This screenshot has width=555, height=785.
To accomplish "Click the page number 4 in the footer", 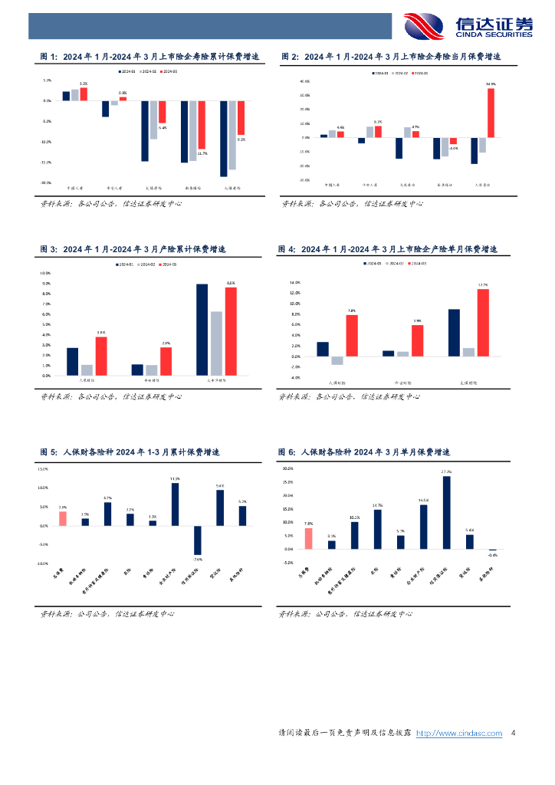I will (513, 733).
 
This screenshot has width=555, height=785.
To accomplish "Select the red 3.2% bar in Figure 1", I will (84, 94).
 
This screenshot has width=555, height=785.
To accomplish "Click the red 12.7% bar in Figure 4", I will (483, 323).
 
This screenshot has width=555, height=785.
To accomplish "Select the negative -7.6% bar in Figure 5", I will (197, 540).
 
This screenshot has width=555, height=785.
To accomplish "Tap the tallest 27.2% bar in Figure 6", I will (447, 512).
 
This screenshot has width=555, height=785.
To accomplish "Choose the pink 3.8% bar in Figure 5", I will (63, 518).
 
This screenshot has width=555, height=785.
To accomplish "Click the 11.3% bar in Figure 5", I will (175, 504).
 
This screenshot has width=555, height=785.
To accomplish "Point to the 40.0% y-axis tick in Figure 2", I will (283, 81).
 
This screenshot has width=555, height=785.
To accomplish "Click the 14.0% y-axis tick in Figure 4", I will (293, 283).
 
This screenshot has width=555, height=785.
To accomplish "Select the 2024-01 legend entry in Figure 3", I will (126, 264).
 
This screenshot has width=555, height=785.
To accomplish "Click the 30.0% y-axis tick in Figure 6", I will (288, 468).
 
